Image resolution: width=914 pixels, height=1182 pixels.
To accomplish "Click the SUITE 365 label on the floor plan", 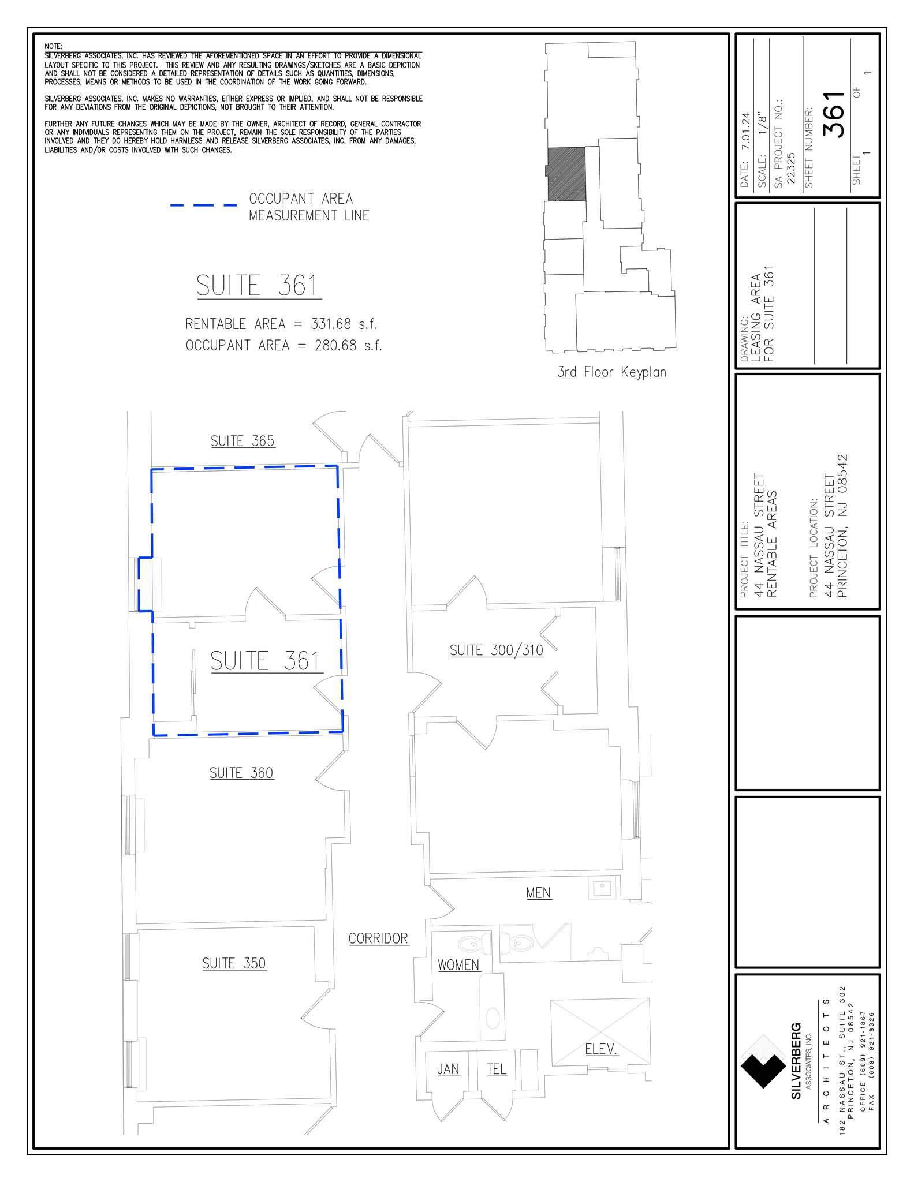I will [243, 441].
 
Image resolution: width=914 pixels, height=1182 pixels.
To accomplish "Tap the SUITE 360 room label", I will [241, 773].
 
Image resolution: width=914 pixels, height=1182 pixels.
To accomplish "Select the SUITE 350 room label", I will [234, 963].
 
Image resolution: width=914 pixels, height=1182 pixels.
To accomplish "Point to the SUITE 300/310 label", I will [497, 650].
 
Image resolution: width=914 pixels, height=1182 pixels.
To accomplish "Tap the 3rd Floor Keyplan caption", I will [611, 372].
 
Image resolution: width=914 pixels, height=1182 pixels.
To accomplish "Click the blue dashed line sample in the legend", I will [203, 205].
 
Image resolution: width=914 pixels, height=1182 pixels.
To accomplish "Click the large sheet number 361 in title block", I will [835, 115].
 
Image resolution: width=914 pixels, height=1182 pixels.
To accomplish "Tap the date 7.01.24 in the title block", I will [745, 132].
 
